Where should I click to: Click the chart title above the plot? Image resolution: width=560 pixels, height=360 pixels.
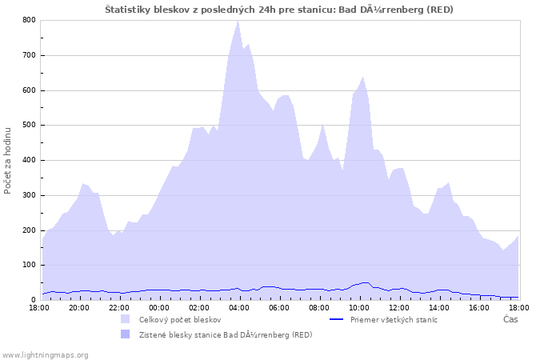(x=280, y=9)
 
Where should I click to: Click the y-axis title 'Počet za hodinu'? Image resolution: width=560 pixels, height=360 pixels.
(x=8, y=160)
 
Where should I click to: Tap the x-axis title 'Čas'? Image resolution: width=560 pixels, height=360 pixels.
(x=510, y=319)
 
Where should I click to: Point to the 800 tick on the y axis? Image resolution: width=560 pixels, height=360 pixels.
(x=28, y=20)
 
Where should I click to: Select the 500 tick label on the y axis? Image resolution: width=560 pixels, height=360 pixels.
(x=28, y=125)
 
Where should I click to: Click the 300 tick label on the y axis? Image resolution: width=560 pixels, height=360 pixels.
(x=28, y=195)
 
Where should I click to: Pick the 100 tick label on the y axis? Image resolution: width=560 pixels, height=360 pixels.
(x=28, y=265)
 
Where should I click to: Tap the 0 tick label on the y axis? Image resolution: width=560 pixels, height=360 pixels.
(x=33, y=300)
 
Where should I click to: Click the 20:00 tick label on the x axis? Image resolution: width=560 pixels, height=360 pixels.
(x=78, y=307)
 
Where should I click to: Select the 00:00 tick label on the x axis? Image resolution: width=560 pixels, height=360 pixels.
(x=159, y=307)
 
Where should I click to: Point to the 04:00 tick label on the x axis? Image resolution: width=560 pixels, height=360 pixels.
(x=239, y=307)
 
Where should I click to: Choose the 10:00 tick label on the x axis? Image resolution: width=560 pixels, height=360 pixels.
(x=359, y=307)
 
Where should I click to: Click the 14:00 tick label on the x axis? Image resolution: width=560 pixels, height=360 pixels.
(x=439, y=307)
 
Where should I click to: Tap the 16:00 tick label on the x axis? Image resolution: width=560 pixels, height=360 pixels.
(x=479, y=307)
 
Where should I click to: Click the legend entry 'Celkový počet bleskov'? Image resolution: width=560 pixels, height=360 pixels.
(x=180, y=319)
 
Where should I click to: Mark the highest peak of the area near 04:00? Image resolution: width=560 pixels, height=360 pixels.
(x=238, y=22)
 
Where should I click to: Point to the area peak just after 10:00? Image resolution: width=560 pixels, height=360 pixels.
(x=363, y=77)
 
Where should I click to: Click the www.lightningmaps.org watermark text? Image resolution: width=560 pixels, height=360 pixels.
(x=45, y=354)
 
